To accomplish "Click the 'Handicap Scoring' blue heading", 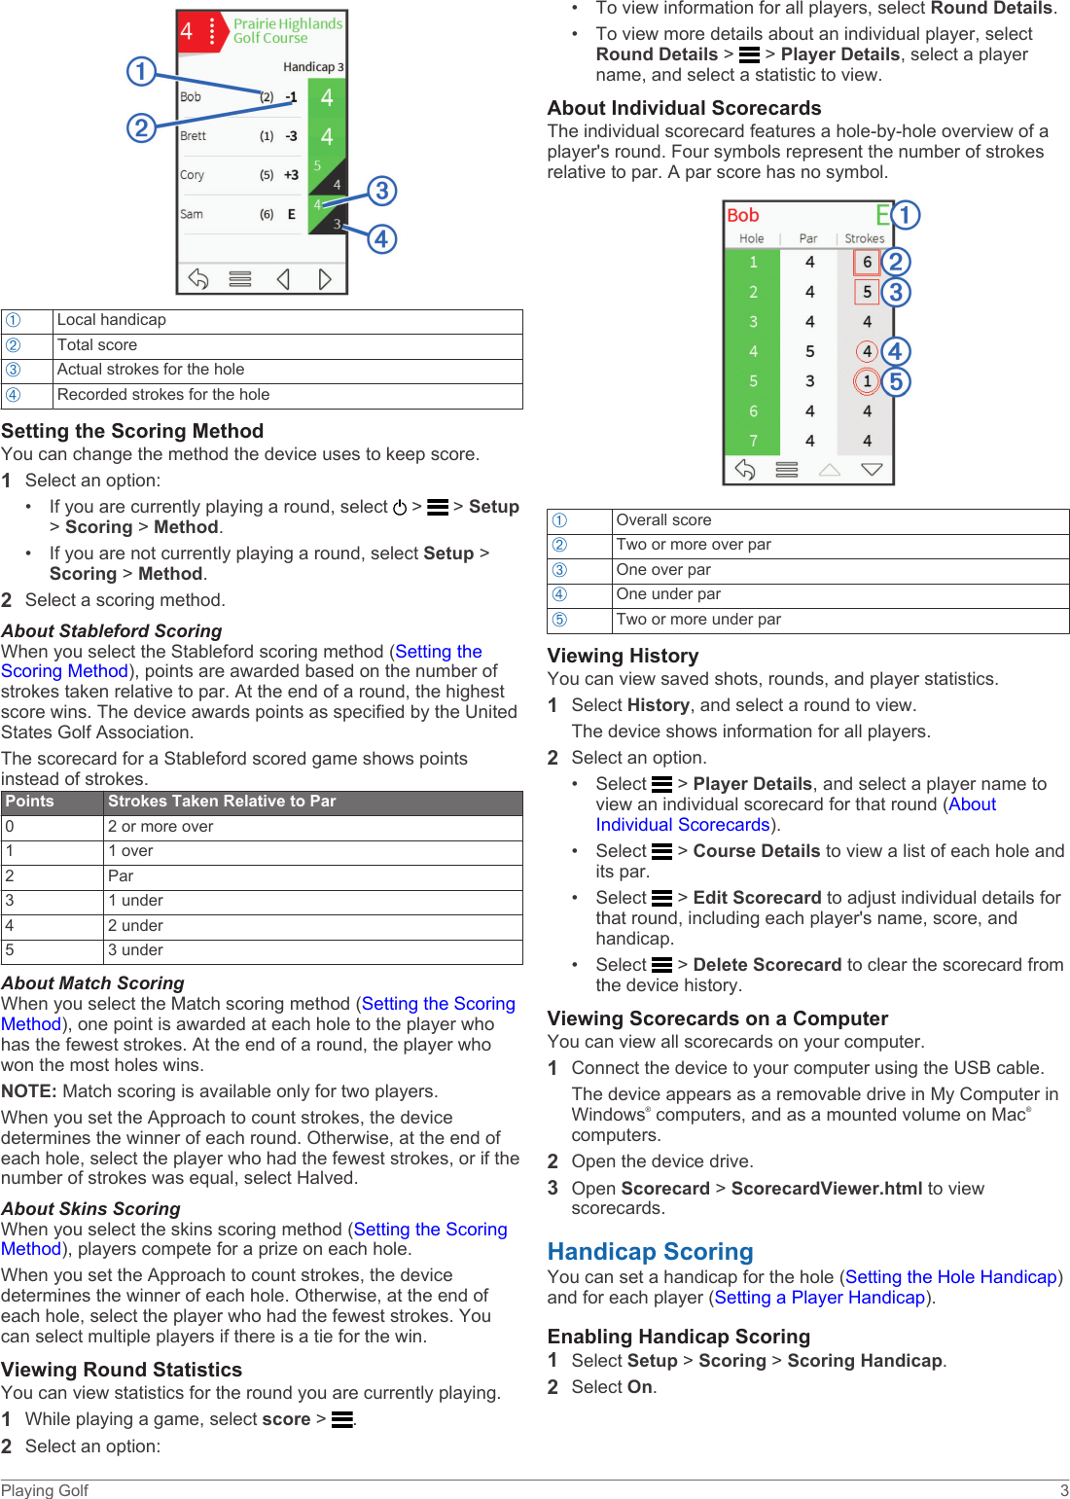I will [x=650, y=1251].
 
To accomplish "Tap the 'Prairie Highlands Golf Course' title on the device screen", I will [x=287, y=31].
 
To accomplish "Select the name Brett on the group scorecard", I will [x=194, y=136].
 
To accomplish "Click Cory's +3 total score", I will [x=291, y=175].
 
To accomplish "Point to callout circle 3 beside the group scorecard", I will [x=381, y=191].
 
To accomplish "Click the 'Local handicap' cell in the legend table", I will [x=112, y=320].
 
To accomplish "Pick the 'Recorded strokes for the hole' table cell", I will [x=163, y=395].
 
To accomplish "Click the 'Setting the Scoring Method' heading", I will [x=132, y=431].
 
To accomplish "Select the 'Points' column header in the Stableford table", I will [x=30, y=802].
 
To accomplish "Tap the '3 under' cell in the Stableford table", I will [x=135, y=950].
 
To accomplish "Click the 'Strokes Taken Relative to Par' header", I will [x=222, y=802].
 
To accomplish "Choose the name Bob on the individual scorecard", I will [x=743, y=216].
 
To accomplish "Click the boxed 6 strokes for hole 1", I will [x=867, y=262].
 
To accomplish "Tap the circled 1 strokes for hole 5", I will [x=867, y=381].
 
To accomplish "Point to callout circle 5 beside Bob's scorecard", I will [x=896, y=381].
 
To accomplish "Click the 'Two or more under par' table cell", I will [x=698, y=620].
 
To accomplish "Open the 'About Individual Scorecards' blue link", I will [x=796, y=815].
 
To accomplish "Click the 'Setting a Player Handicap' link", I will [x=819, y=1298].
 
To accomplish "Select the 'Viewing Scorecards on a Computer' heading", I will [x=717, y=1018].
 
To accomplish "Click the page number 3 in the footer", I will [x=1063, y=1490].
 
